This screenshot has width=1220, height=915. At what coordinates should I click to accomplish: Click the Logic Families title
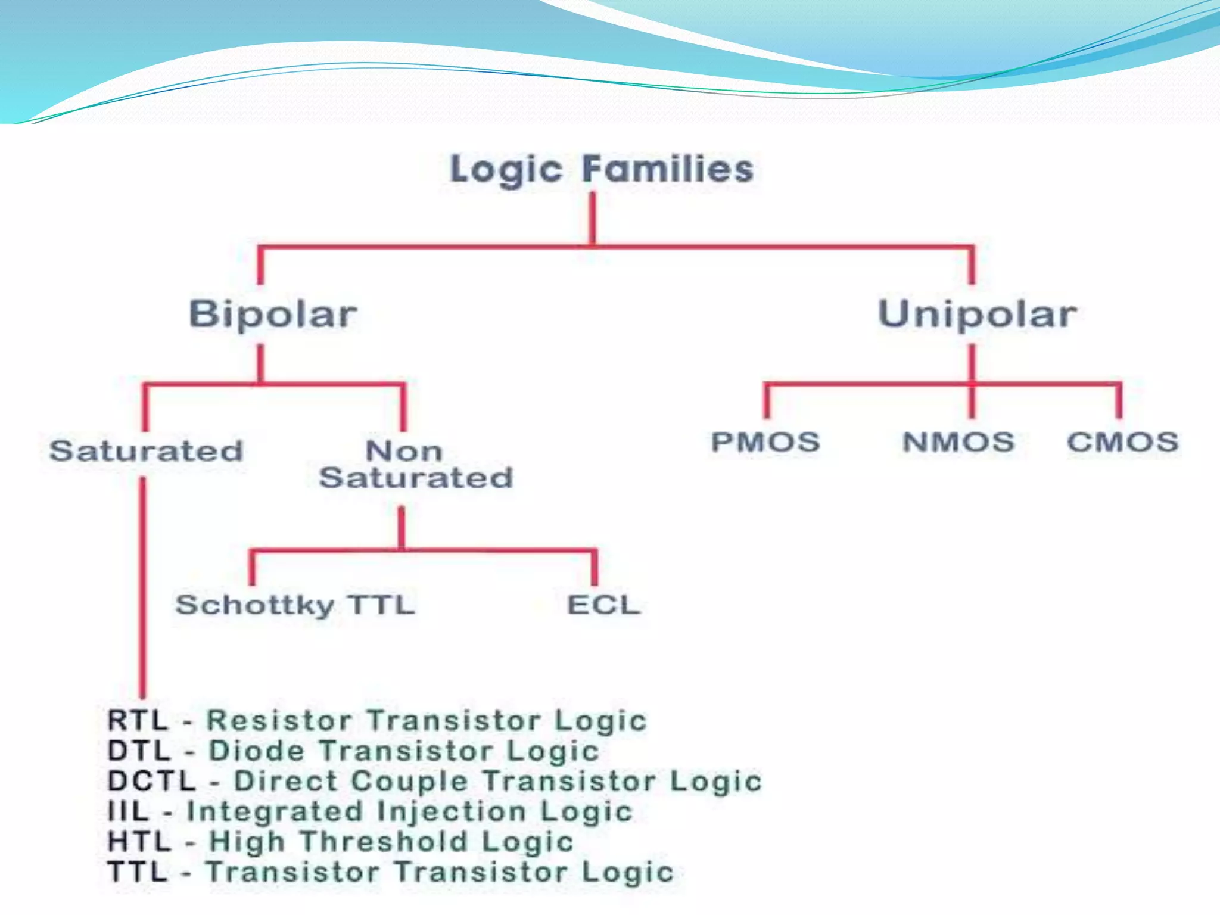[x=602, y=170]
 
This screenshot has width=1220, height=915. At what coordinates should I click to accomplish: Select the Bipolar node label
[x=273, y=314]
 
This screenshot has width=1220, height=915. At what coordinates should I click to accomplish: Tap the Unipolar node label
[x=977, y=314]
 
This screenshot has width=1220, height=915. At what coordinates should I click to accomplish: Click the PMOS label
[x=765, y=442]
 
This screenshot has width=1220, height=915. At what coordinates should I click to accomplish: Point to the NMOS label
[x=958, y=442]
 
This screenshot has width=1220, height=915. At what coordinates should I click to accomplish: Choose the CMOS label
[x=1122, y=442]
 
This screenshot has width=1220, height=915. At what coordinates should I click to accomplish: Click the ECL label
[x=603, y=605]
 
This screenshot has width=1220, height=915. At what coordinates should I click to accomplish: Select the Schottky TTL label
[x=295, y=605]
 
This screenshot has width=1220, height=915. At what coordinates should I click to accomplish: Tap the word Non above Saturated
[x=404, y=451]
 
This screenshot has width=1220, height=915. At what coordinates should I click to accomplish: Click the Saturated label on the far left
[x=146, y=451]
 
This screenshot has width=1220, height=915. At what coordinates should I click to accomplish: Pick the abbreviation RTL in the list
[x=138, y=721]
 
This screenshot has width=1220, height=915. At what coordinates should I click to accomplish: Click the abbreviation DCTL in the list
[x=151, y=782]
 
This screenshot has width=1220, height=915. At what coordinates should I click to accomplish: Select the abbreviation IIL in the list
[x=128, y=811]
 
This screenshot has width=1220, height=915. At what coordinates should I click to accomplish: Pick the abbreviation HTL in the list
[x=139, y=842]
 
